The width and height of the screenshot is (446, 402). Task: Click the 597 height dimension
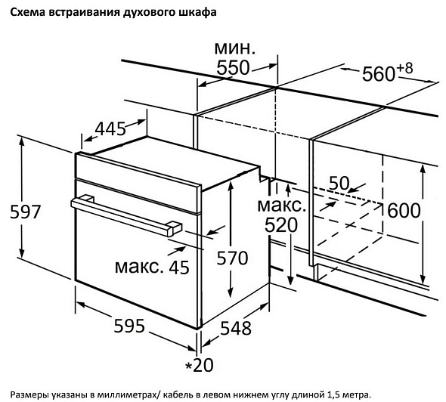coord(25,212)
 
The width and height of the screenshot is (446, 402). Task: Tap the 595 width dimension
coord(129,326)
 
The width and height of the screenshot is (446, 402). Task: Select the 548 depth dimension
coord(236,328)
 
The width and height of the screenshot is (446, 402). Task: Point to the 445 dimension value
coord(110,128)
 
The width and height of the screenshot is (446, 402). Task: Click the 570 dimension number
coord(232,258)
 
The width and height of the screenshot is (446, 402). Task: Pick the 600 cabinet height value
coord(404,210)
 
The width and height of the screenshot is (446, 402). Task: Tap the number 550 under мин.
coord(233,68)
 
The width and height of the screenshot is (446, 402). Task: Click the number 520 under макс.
coord(281,225)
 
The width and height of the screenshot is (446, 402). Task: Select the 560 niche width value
coord(378,74)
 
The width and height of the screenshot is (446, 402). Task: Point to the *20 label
coord(200,365)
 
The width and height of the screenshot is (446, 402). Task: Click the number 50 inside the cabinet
coord(339,183)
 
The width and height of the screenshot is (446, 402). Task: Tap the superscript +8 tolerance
coord(404,69)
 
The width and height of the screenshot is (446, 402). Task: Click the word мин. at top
coord(235,48)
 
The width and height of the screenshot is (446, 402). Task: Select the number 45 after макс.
coord(179,267)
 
